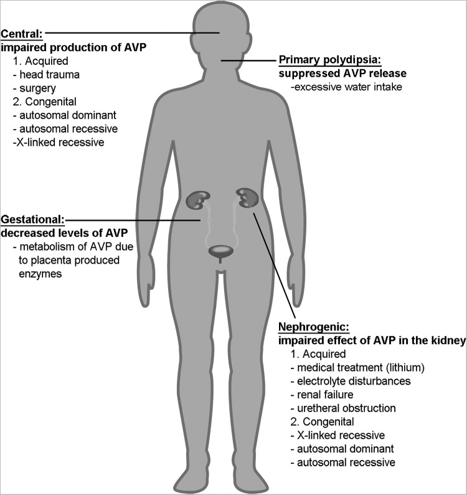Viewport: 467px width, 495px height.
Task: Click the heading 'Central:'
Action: tap(22, 33)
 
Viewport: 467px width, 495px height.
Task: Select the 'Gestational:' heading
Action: tap(32, 219)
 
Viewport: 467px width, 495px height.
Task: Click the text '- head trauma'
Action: tap(45, 75)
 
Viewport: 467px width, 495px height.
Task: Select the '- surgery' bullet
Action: tap(36, 88)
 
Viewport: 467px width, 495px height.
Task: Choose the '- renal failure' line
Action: tap(325, 394)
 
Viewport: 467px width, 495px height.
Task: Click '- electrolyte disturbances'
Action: tap(357, 380)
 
